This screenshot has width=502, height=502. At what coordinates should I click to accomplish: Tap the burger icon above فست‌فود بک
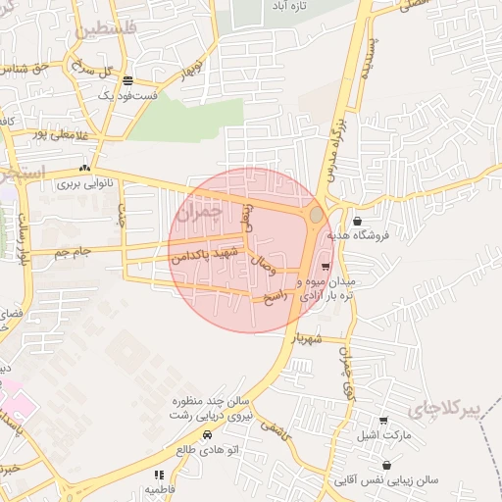coord(127,80)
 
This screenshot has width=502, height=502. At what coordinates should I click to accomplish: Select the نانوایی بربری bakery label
coord(82,183)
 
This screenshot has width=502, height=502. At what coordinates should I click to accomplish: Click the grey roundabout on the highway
coord(316,214)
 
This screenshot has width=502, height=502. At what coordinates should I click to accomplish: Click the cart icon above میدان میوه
coord(325,266)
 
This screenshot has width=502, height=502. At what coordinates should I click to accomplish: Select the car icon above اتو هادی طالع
coord(207,434)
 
